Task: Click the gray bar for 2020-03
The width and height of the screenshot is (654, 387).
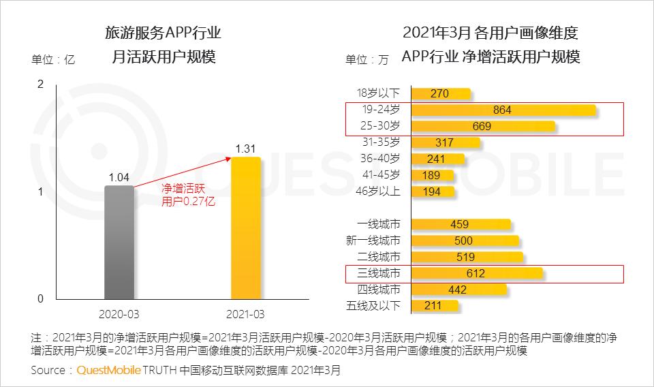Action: pyautogui.click(x=119, y=242)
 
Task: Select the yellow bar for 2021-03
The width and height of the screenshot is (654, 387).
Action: pyautogui.click(x=245, y=228)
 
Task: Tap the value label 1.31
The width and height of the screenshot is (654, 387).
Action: pyautogui.click(x=245, y=148)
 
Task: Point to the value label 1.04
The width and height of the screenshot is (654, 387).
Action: pyautogui.click(x=119, y=176)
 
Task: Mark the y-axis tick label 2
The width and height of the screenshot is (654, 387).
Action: pyautogui.click(x=40, y=84)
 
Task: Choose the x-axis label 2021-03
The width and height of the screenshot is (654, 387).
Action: pyautogui.click(x=245, y=315)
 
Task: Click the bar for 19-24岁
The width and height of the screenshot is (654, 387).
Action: pyautogui.click(x=503, y=110)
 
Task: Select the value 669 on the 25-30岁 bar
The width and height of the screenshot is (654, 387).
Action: pyautogui.click(x=482, y=126)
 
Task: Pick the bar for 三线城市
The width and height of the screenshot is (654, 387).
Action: pyautogui.click(x=477, y=273)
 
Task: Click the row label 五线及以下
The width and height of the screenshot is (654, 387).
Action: pyautogui.click(x=373, y=305)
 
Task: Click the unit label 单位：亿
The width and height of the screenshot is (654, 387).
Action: pyautogui.click(x=53, y=59)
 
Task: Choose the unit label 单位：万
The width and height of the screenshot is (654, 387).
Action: pyautogui.click(x=367, y=59)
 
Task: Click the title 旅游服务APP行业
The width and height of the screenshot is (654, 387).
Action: pyautogui.click(x=163, y=32)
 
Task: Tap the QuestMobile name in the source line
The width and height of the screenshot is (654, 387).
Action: pyautogui.click(x=109, y=371)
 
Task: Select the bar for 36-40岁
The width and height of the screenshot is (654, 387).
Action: pyautogui.click(x=438, y=159)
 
